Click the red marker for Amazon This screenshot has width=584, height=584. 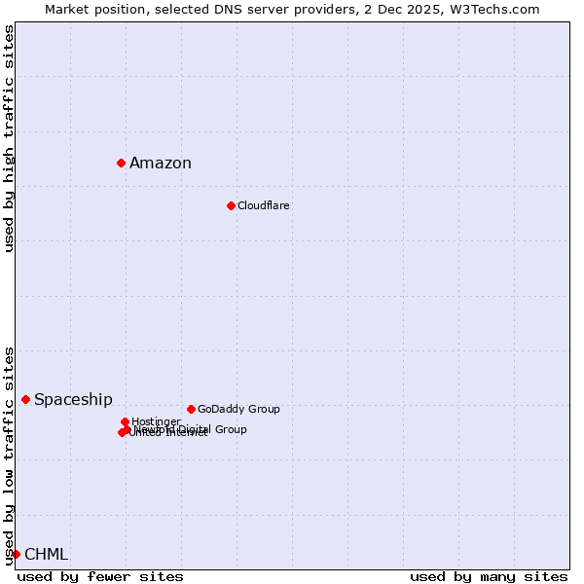coord(121,163)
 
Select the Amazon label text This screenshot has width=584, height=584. coord(161,164)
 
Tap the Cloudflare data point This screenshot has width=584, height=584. coord(231,205)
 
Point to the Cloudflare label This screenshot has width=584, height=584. coord(263,205)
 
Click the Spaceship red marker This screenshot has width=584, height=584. coord(25,399)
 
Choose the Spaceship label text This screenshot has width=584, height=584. coord(73,400)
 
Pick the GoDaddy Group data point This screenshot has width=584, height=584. coord(191,409)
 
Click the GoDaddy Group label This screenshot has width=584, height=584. coord(238,409)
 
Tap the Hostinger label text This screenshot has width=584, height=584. coord(156,421)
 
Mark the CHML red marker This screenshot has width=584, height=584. coord(16,554)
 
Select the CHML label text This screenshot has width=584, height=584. coord(46,555)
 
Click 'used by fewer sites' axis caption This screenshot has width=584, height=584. coord(100,576)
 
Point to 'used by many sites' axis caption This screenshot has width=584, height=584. coord(489,576)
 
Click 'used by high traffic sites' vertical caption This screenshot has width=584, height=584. coord(9,138)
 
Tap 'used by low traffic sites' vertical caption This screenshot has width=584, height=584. coord(9,455)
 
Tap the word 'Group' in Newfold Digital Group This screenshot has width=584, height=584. coord(230,429)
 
